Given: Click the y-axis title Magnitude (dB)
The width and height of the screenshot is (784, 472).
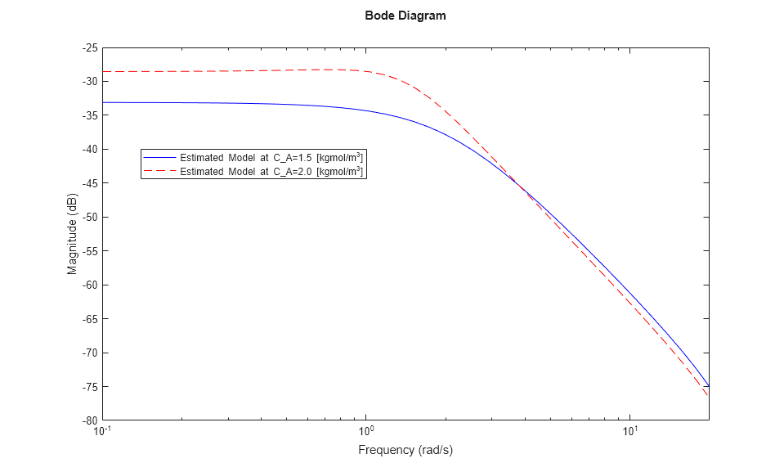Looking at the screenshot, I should [72, 234].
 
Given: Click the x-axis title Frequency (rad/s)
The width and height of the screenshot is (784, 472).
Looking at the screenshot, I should [405, 450].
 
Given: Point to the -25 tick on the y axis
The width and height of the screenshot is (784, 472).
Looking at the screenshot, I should [90, 47].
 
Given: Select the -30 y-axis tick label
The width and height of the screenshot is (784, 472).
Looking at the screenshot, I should [90, 82].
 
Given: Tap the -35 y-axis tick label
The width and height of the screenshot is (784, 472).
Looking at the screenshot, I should [90, 115].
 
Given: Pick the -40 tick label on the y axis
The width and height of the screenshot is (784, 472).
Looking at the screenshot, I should [90, 150].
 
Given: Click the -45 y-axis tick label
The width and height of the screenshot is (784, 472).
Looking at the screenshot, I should [90, 183].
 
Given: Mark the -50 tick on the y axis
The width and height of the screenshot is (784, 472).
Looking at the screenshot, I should [90, 218].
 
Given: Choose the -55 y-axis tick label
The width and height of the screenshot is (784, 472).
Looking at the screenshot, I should [90, 251].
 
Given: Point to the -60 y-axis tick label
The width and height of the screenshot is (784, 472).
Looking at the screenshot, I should [90, 285].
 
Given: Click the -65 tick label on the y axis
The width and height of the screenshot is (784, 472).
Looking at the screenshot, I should [90, 319].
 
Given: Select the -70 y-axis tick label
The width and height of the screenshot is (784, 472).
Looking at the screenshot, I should [90, 353].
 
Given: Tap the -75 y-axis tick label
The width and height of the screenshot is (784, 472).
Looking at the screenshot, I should [90, 387].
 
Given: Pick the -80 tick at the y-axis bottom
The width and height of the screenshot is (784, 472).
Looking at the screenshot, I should [90, 420].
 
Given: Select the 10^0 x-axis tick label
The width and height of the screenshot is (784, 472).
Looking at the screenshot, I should [366, 431].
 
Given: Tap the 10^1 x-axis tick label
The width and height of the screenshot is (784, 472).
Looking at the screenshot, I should [629, 431].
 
